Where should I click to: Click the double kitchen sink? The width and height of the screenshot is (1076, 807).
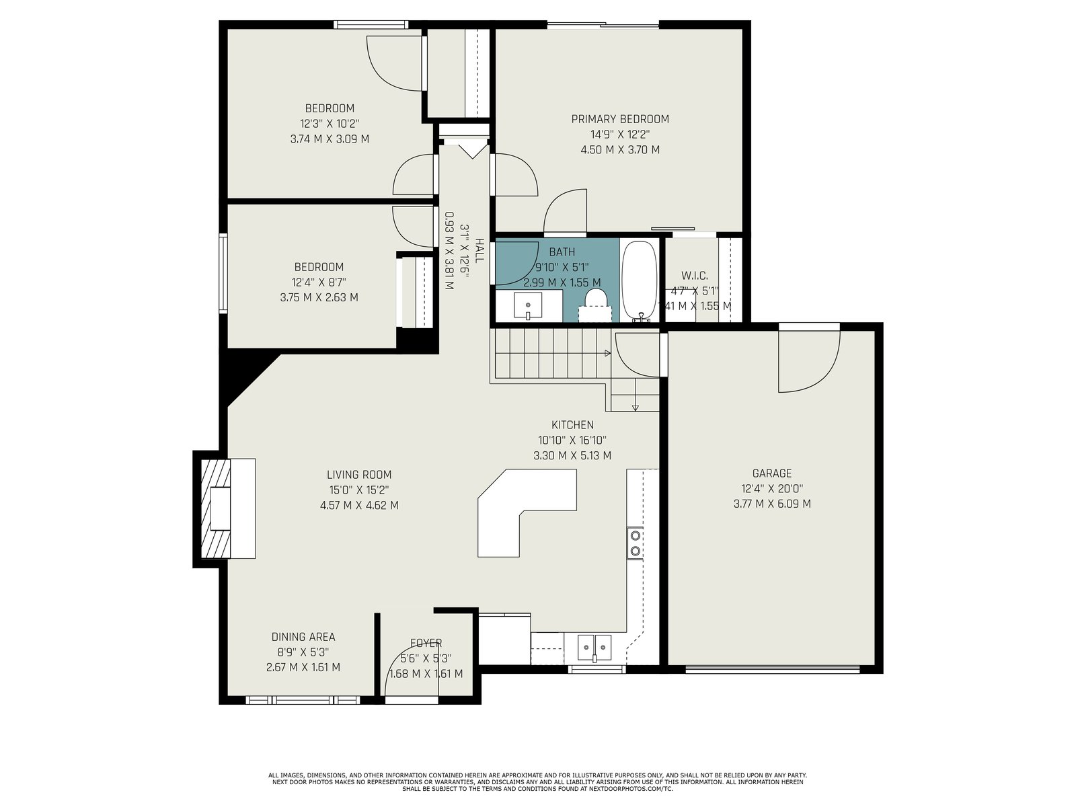[594, 647]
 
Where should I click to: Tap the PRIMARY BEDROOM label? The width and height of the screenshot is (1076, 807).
[620, 119]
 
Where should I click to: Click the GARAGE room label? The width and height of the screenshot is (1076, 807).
[772, 473]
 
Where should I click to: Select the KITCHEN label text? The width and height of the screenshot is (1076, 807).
[572, 425]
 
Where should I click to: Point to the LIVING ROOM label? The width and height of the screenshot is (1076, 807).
[359, 475]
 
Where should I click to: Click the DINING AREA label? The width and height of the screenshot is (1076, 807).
[303, 637]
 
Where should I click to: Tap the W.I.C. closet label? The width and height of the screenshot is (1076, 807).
[695, 275]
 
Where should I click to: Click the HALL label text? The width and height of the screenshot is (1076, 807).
[479, 250]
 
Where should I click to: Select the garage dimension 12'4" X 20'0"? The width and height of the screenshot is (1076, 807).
[772, 488]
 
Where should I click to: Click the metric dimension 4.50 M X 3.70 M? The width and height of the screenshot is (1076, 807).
[620, 149]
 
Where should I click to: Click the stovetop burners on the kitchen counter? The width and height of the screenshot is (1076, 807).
[635, 543]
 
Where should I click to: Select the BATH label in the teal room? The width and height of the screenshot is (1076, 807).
[562, 252]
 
